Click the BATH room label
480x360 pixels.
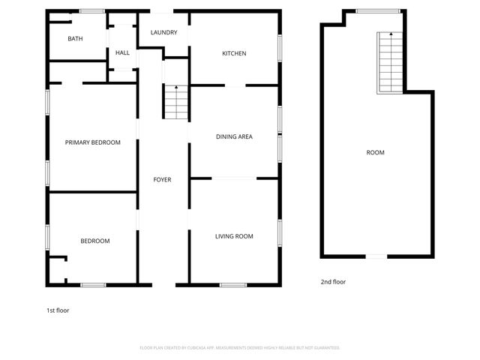(x=75, y=39)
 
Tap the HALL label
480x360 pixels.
(x=122, y=52)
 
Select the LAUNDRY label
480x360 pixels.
(x=163, y=33)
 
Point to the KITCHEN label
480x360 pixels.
(x=234, y=53)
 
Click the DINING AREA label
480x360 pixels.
(x=234, y=136)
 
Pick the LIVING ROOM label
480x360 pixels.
(x=234, y=236)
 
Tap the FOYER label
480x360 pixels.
(x=162, y=180)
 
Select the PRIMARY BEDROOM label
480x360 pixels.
(x=92, y=142)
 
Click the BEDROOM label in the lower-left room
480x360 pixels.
(x=95, y=241)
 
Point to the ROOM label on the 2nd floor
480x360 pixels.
(x=375, y=152)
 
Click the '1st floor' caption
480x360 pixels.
(x=58, y=310)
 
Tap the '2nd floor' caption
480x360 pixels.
(x=333, y=282)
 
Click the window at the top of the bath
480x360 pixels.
(x=92, y=10)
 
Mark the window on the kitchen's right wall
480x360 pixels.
(x=280, y=48)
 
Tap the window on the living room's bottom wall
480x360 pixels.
(x=233, y=284)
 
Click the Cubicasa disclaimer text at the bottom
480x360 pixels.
(x=240, y=348)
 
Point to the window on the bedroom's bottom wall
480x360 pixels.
(x=94, y=284)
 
